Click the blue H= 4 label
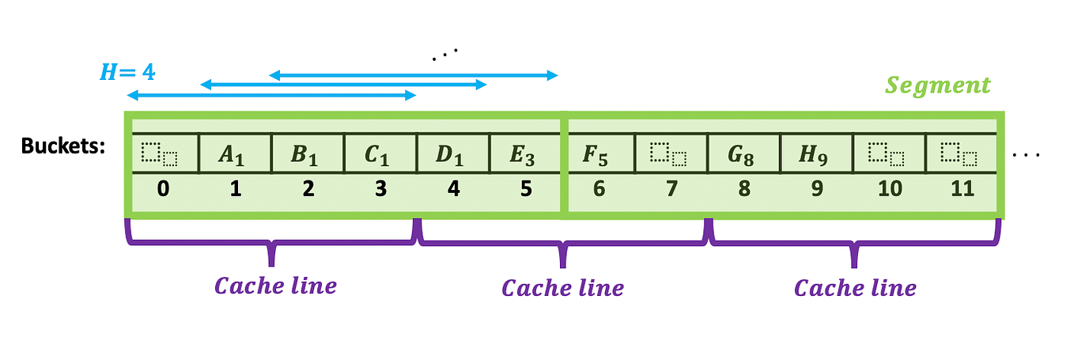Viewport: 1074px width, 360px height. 127,72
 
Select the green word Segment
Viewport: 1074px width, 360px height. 938,85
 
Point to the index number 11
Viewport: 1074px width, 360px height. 961,190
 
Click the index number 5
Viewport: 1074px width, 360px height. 525,190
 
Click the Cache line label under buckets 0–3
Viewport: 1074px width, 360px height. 275,286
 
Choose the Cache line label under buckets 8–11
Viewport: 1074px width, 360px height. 855,287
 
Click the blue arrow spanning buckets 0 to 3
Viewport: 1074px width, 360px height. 271,96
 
